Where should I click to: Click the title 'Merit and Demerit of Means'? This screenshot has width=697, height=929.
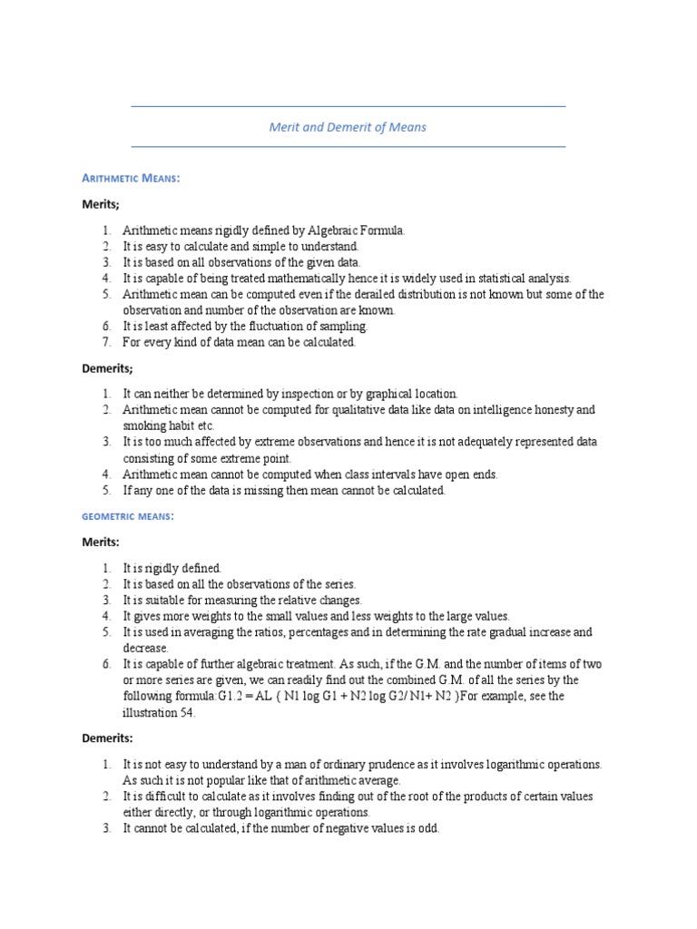pos(348,127)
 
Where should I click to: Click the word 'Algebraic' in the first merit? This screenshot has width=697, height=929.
pos(324,230)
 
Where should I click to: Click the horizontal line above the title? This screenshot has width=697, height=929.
pos(348,106)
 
